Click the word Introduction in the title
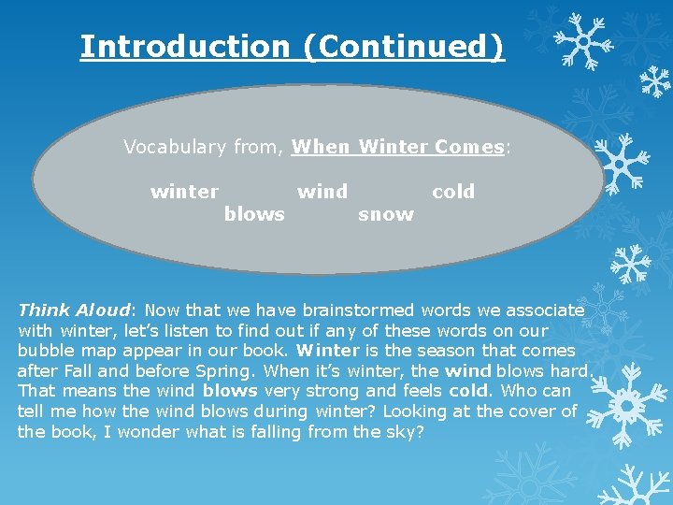click(x=185, y=46)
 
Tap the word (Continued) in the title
click(x=404, y=46)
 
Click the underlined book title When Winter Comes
click(x=397, y=147)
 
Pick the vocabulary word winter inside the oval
click(x=184, y=192)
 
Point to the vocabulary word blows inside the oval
click(x=254, y=214)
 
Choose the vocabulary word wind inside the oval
click(x=322, y=192)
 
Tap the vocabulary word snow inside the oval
click(x=386, y=214)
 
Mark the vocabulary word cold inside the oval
click(x=453, y=192)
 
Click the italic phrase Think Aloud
click(x=75, y=310)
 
